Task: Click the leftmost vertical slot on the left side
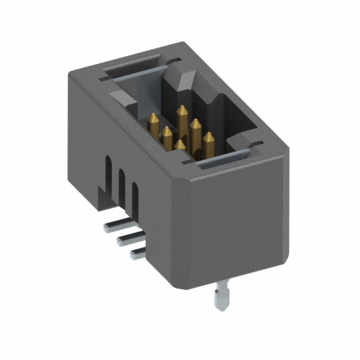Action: [x=107, y=172]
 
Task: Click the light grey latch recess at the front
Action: [x=217, y=164]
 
